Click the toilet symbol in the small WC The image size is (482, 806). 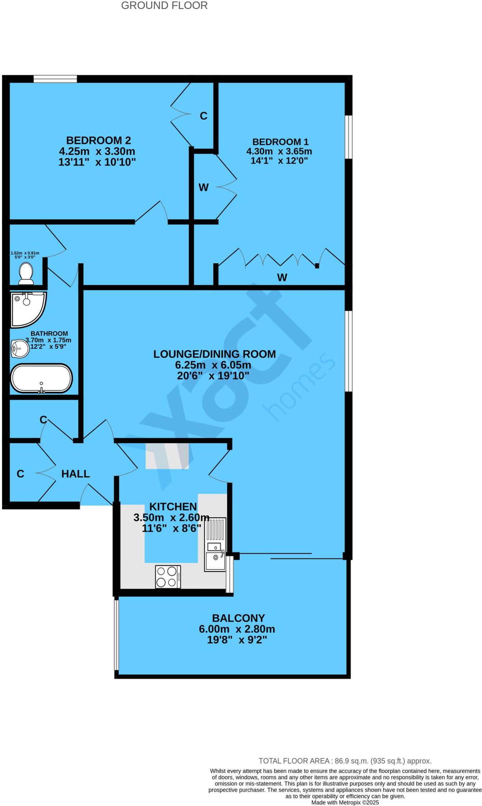coord(26,273)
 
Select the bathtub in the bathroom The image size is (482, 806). coord(41,378)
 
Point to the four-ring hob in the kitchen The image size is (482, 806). coord(168,577)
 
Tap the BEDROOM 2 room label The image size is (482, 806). coord(98,140)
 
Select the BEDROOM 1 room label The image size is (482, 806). coord(280,142)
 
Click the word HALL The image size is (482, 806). coord(76,474)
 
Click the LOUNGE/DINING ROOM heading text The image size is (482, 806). coord(214,354)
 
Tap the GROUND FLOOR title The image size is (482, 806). coord(164,6)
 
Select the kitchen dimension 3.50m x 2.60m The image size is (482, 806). coord(171,518)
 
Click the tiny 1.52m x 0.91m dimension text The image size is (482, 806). coord(25,253)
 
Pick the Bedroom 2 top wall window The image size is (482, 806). coord(55,79)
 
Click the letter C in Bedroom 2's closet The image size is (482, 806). coord(203,116)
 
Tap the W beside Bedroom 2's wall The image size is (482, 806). coord(203,188)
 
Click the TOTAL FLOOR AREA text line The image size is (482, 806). coord(345,761)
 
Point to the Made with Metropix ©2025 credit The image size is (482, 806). coord(345,802)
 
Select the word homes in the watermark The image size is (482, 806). coord(301,388)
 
